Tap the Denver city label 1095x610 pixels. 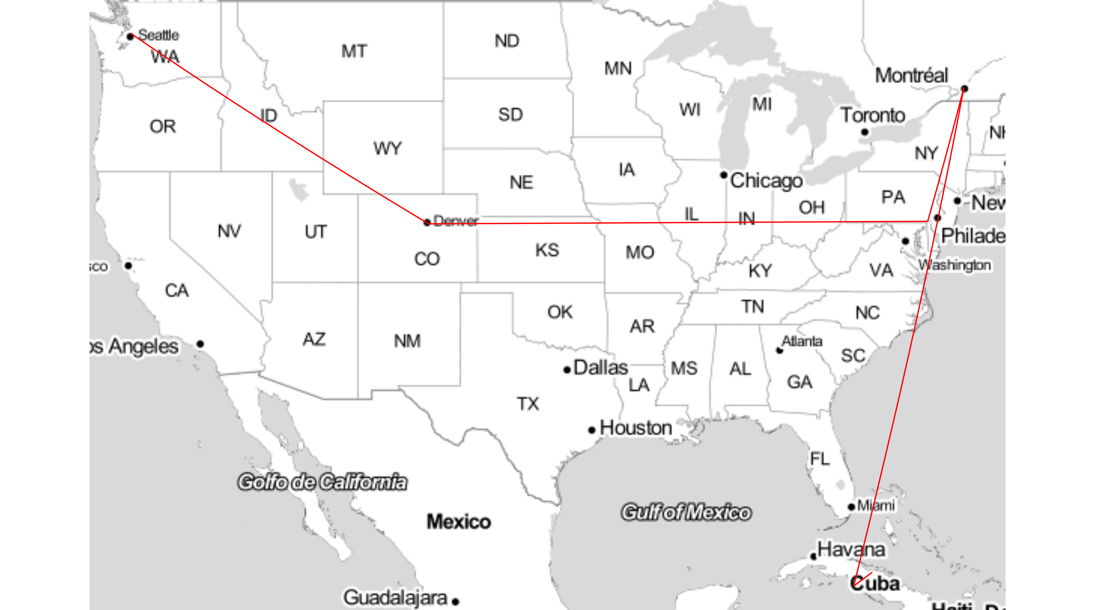tap(456, 221)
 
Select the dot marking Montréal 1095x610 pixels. tap(964, 89)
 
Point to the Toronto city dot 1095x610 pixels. tap(865, 132)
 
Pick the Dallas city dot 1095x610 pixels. tap(567, 370)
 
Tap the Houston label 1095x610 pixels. tap(636, 428)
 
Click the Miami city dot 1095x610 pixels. tap(851, 507)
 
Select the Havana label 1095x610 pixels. tap(851, 549)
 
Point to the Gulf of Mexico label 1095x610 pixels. tap(686, 512)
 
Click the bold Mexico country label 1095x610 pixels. tap(459, 522)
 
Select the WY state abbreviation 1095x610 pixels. tap(387, 148)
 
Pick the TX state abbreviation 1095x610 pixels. tap(528, 403)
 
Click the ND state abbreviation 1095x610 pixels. tap(507, 41)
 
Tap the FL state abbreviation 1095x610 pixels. tap(820, 459)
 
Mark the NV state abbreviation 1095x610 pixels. tap(229, 231)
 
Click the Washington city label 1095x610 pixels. tap(954, 265)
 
